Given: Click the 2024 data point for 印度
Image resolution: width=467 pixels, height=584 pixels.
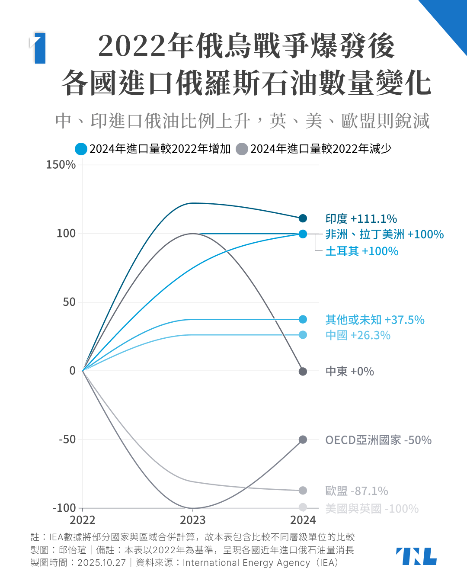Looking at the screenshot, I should (x=303, y=218).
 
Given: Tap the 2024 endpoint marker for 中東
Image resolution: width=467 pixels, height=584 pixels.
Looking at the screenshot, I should (x=303, y=371).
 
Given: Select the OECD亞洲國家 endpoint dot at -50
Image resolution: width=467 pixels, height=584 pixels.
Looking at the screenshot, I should (x=303, y=440).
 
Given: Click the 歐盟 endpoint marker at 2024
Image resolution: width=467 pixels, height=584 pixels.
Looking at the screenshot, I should (x=303, y=491).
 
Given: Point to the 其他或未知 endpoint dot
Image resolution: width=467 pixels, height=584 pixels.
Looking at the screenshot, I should (x=303, y=319).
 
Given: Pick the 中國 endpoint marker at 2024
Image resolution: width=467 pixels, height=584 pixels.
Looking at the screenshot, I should (x=303, y=335).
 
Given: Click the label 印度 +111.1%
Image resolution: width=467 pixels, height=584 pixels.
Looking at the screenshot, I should (x=361, y=219).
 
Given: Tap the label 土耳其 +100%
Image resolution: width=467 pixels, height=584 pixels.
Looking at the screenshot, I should (x=362, y=251).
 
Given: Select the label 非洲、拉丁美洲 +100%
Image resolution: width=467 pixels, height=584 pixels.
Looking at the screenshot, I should (x=384, y=234).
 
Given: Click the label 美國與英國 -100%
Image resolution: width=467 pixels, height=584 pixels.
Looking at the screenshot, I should (x=372, y=509).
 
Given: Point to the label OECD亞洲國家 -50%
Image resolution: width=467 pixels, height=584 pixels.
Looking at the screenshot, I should (x=378, y=440).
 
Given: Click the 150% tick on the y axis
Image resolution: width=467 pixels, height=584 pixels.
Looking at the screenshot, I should (x=61, y=165).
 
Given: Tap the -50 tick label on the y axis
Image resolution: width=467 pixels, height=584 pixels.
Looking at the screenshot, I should (x=67, y=440).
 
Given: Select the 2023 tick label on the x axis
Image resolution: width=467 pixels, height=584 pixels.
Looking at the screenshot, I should (x=193, y=520).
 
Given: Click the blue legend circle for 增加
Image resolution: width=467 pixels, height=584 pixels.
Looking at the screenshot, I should (x=81, y=149).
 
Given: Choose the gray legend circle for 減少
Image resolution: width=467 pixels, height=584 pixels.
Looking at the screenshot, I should (x=242, y=149).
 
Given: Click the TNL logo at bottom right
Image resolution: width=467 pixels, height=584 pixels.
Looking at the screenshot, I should (x=416, y=556).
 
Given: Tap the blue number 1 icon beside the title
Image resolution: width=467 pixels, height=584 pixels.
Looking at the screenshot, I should (x=39, y=48).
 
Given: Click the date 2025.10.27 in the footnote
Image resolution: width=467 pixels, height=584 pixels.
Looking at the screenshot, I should (x=102, y=563).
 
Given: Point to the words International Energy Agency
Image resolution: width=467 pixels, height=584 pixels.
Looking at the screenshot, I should (x=246, y=563).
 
